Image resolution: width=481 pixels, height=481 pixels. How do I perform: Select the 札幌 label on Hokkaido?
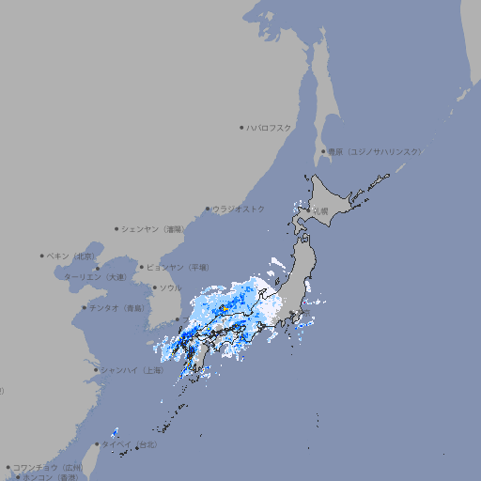pyautogui.click(x=322, y=211)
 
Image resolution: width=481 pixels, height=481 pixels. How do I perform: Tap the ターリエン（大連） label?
pyautogui.click(x=95, y=277)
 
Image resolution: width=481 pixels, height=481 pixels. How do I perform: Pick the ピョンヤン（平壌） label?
pyautogui.click(x=178, y=267)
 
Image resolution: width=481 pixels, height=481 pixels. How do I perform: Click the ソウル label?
pyautogui.click(x=170, y=287)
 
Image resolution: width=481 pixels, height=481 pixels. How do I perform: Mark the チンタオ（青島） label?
pyautogui.click(x=117, y=307)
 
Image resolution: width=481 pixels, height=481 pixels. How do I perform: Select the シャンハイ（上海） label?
pyautogui.click(x=132, y=370)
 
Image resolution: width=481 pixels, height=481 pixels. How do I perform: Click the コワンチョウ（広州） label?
pyautogui.click(x=48, y=467)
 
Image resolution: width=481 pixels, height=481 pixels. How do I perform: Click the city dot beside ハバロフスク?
pyautogui.click(x=241, y=127)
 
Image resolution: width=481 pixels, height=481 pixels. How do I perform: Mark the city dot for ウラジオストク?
pyautogui.click(x=208, y=209)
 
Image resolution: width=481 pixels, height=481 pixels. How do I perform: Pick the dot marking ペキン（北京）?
pyautogui.click(x=42, y=256)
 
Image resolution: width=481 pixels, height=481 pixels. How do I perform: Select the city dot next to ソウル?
pyautogui.click(x=154, y=287)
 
